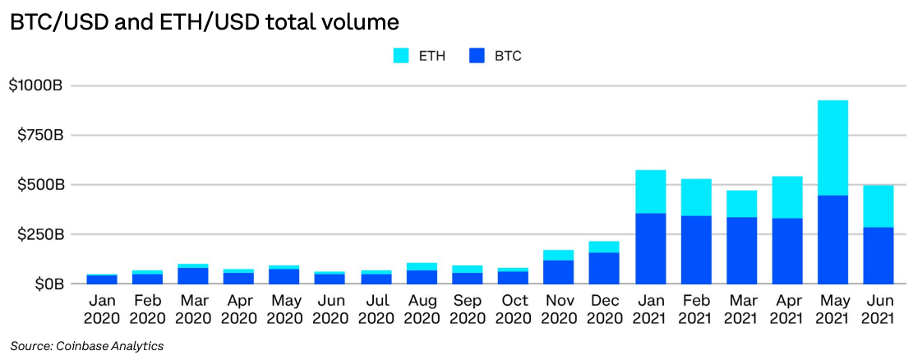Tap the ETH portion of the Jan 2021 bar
tap(650, 192)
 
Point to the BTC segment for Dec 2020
tap(604, 268)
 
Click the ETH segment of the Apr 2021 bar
tap(786, 197)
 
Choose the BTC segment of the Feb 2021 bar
tap(696, 250)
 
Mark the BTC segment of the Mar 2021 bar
tap(741, 251)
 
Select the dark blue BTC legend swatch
tap(479, 56)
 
